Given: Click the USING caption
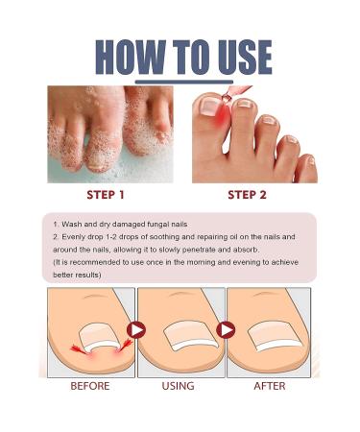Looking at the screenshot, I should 179,386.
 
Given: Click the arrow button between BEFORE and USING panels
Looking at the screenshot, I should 136,329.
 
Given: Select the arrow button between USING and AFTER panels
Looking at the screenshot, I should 227,329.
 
